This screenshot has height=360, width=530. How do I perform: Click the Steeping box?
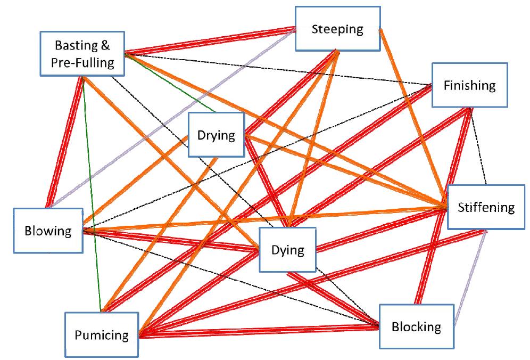(x=337, y=29)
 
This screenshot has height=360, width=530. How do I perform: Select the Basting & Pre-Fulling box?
(x=82, y=54)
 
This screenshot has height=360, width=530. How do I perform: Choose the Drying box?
(x=216, y=135)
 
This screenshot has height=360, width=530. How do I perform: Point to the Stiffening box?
(x=486, y=207)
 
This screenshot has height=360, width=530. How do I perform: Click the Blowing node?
(x=48, y=231)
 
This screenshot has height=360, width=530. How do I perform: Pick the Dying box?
(x=287, y=250)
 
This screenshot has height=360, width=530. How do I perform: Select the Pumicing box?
(x=101, y=335)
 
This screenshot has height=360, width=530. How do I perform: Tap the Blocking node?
(x=416, y=326)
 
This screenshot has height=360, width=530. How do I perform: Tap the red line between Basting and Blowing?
(x=65, y=142)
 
